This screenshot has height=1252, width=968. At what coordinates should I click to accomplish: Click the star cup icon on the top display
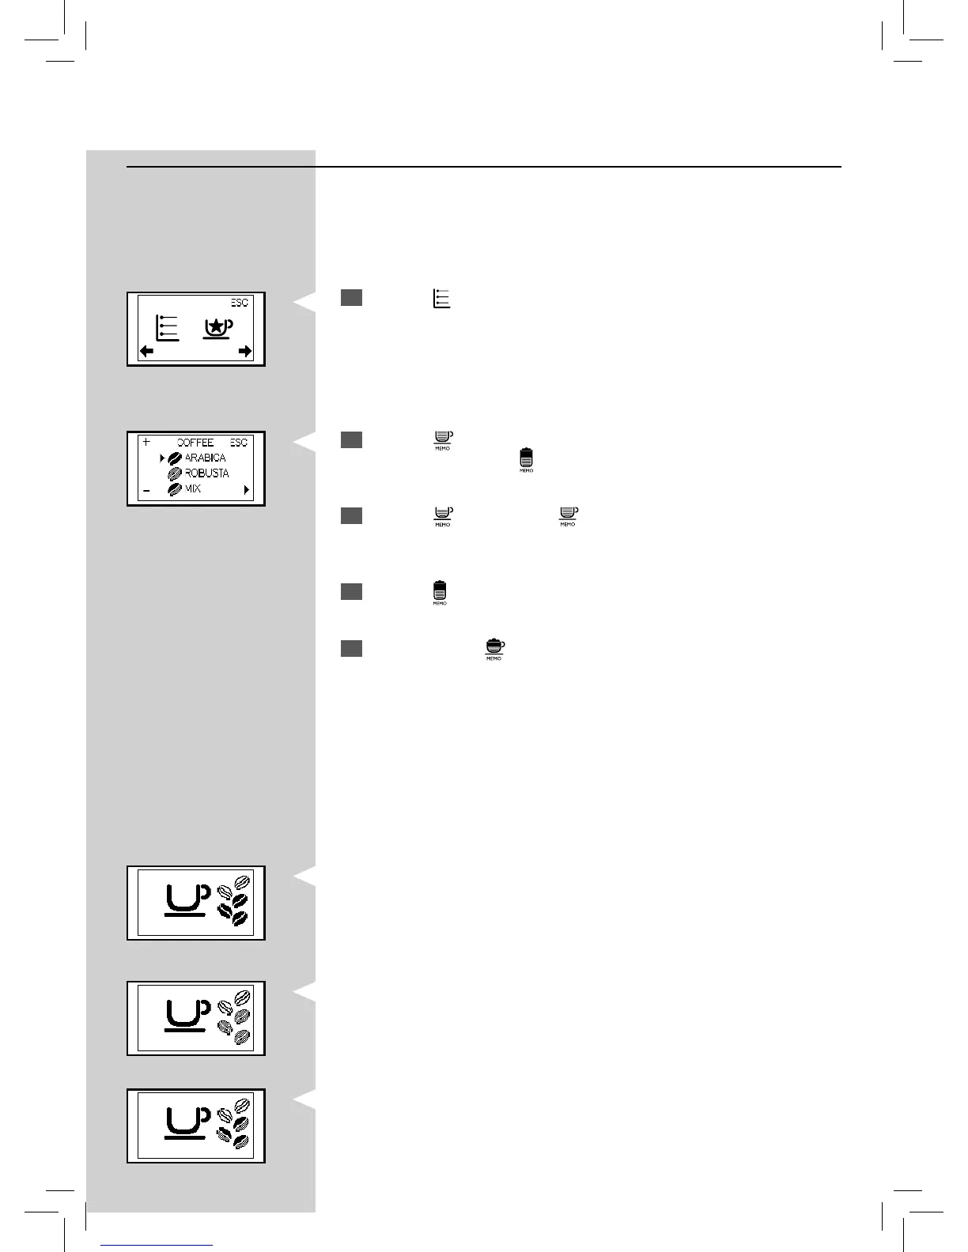[x=216, y=328]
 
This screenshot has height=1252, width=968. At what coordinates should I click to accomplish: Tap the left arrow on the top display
[x=147, y=351]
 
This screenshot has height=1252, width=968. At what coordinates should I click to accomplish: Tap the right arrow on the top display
[x=245, y=351]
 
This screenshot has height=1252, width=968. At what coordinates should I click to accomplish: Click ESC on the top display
[x=240, y=303]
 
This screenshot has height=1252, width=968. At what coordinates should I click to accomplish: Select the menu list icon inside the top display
[x=167, y=328]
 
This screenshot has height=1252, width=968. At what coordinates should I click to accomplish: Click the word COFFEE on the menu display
[x=195, y=443]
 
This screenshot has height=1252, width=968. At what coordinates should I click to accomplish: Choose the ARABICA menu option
[x=205, y=458]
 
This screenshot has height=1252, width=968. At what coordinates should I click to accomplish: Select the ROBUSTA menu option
[x=206, y=473]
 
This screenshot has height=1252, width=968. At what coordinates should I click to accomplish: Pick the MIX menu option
[x=193, y=488]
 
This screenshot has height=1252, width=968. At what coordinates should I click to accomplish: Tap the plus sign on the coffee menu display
[x=146, y=442]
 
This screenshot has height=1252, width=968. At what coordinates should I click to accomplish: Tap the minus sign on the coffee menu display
[x=146, y=490]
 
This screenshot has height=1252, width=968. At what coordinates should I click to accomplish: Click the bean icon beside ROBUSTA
[x=175, y=473]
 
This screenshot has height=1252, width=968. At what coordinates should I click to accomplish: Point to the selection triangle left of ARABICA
[x=162, y=458]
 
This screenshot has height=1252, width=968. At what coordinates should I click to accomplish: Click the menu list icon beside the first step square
[x=441, y=298]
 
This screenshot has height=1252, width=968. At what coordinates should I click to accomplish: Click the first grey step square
[x=352, y=297]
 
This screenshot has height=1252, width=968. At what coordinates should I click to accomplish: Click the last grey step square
[x=352, y=648]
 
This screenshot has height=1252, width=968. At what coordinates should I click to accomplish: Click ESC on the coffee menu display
[x=239, y=443]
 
